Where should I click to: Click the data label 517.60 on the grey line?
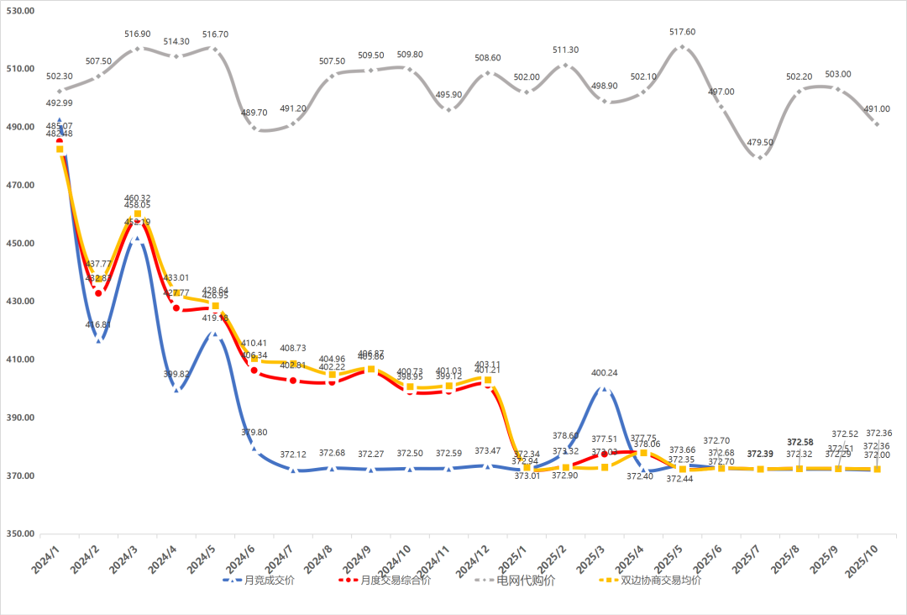click(682, 32)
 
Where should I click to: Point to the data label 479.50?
click(760, 143)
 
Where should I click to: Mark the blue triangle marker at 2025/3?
click(604, 388)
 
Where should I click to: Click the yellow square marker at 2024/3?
click(138, 213)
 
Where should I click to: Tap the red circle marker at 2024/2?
click(98, 293)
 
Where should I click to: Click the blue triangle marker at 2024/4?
click(176, 390)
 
